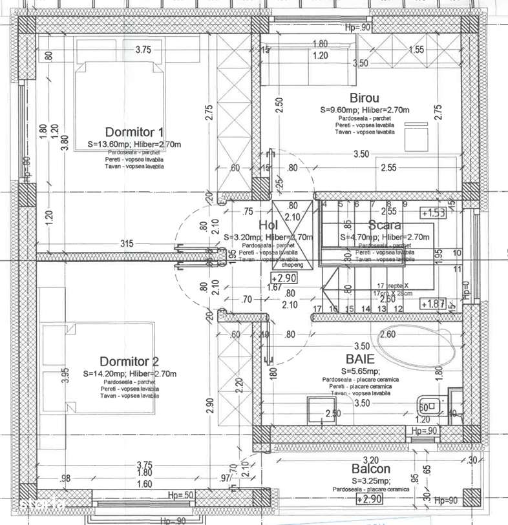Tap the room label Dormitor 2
pyautogui.click(x=129, y=361)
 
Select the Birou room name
pyautogui.click(x=364, y=98)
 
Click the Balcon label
pyautogui.click(x=371, y=469)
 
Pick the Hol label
pyautogui.click(x=268, y=225)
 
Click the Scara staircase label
pyautogui.click(x=385, y=225)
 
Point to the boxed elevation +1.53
pyautogui.click(x=432, y=212)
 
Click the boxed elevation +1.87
pyautogui.click(x=432, y=304)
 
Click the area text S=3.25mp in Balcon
pyautogui.click(x=371, y=481)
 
